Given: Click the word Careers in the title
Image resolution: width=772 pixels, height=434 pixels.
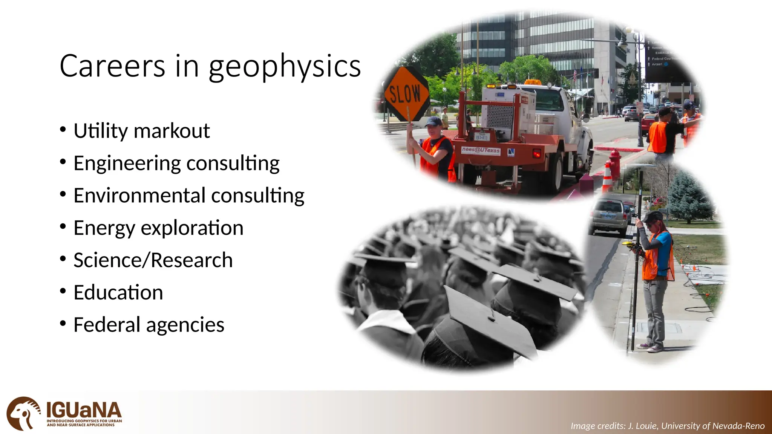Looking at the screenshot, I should coord(112,66).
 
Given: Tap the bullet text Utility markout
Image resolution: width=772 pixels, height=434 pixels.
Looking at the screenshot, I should coord(141,131).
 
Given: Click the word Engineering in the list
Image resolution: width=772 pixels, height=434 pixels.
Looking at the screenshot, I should coord(127,163).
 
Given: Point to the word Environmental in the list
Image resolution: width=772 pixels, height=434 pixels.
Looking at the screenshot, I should coord(139,196).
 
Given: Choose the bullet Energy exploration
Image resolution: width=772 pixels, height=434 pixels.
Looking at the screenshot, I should coord(158,228).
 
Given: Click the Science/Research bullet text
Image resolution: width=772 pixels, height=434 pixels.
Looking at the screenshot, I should coord(153,260).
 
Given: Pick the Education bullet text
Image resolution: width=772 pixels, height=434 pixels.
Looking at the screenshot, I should coord(118,293).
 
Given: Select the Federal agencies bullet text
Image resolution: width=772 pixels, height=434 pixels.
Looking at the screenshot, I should coord(149,325).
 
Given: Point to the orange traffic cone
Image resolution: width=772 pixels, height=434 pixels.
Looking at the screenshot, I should coord(607,177).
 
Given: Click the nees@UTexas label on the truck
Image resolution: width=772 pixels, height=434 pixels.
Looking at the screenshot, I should coord(481,150).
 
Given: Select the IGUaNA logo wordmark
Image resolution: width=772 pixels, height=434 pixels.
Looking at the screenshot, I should coord(84,410).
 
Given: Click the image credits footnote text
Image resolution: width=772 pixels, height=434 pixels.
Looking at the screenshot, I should coord(667,426).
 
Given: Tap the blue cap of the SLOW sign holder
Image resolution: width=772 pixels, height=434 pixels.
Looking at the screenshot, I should coord(433,121).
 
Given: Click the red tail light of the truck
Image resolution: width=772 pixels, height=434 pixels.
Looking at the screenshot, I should coord(536,153).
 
